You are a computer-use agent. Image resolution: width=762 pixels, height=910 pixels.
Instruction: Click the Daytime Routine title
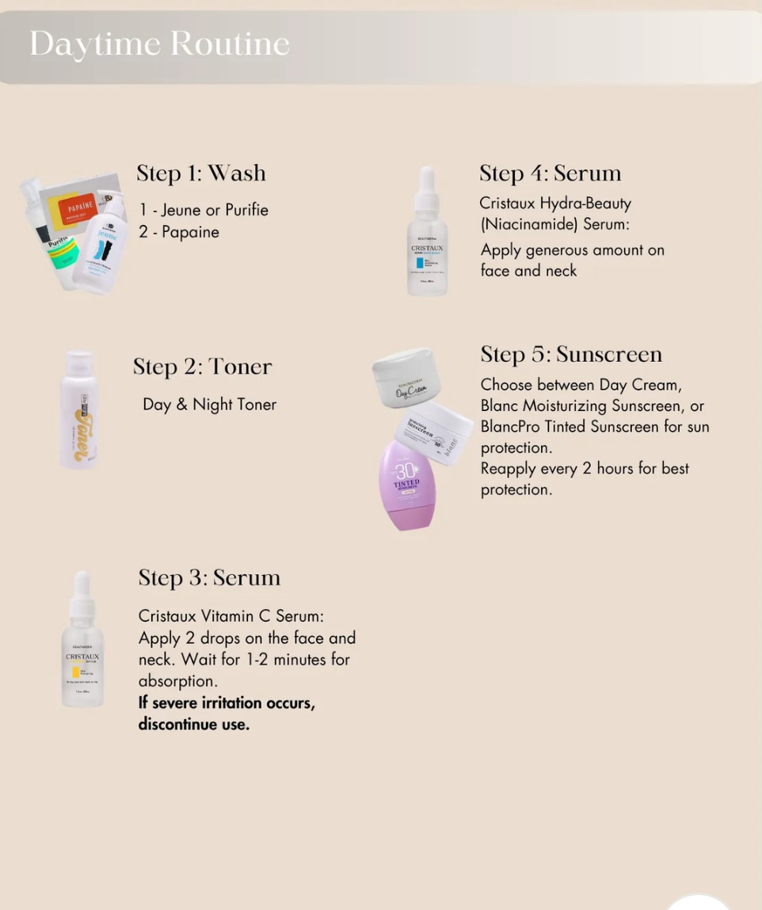[159, 44]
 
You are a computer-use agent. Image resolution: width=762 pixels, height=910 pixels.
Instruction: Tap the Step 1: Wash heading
[200, 173]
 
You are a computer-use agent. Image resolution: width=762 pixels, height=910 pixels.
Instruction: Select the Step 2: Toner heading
[202, 367]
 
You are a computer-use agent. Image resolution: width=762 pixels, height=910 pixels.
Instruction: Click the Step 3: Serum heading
[209, 578]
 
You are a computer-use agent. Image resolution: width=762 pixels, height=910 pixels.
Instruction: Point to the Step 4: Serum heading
[550, 173]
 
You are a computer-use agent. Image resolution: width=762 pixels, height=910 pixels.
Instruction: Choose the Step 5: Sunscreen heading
[570, 354]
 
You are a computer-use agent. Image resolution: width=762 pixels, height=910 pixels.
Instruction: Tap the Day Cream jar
[406, 378]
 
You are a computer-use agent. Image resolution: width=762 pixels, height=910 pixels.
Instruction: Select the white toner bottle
[79, 409]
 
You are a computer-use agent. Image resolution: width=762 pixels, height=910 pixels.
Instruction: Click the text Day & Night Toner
[209, 405]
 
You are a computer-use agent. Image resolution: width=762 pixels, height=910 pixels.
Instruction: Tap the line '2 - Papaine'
[179, 232]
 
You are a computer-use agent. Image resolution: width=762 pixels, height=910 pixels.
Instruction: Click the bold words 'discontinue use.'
[193, 724]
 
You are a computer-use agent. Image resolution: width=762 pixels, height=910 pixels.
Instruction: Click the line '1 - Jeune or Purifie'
[204, 210]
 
